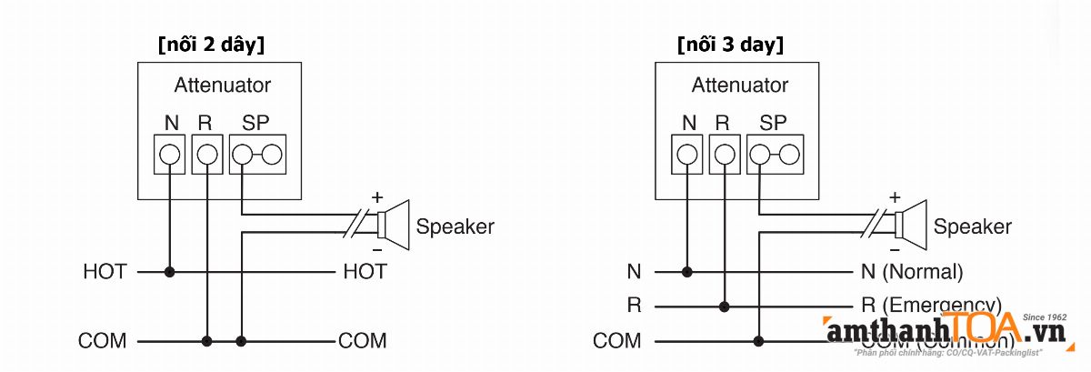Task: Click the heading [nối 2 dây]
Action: pyautogui.click(x=211, y=44)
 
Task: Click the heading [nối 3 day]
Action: pyautogui.click(x=730, y=44)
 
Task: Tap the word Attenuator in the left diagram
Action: pyautogui.click(x=222, y=85)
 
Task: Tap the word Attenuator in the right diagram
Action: pyautogui.click(x=739, y=85)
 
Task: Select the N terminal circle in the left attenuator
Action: pyautogui.click(x=169, y=155)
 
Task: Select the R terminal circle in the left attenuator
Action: pyautogui.click(x=207, y=155)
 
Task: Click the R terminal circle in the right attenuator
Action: pyautogui.click(x=725, y=155)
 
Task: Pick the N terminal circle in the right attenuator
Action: pyautogui.click(x=687, y=155)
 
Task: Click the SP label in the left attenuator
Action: pyautogui.click(x=255, y=123)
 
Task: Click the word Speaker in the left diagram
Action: pyautogui.click(x=455, y=226)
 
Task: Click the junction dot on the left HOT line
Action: pyautogui.click(x=169, y=271)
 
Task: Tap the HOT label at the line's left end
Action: pyautogui.click(x=105, y=271)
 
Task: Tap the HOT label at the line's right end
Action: pyautogui.click(x=365, y=271)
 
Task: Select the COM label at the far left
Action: pyautogui.click(x=102, y=341)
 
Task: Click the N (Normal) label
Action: pyautogui.click(x=911, y=271)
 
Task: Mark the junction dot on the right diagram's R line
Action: pyautogui.click(x=725, y=307)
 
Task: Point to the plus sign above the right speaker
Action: pyautogui.click(x=895, y=196)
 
